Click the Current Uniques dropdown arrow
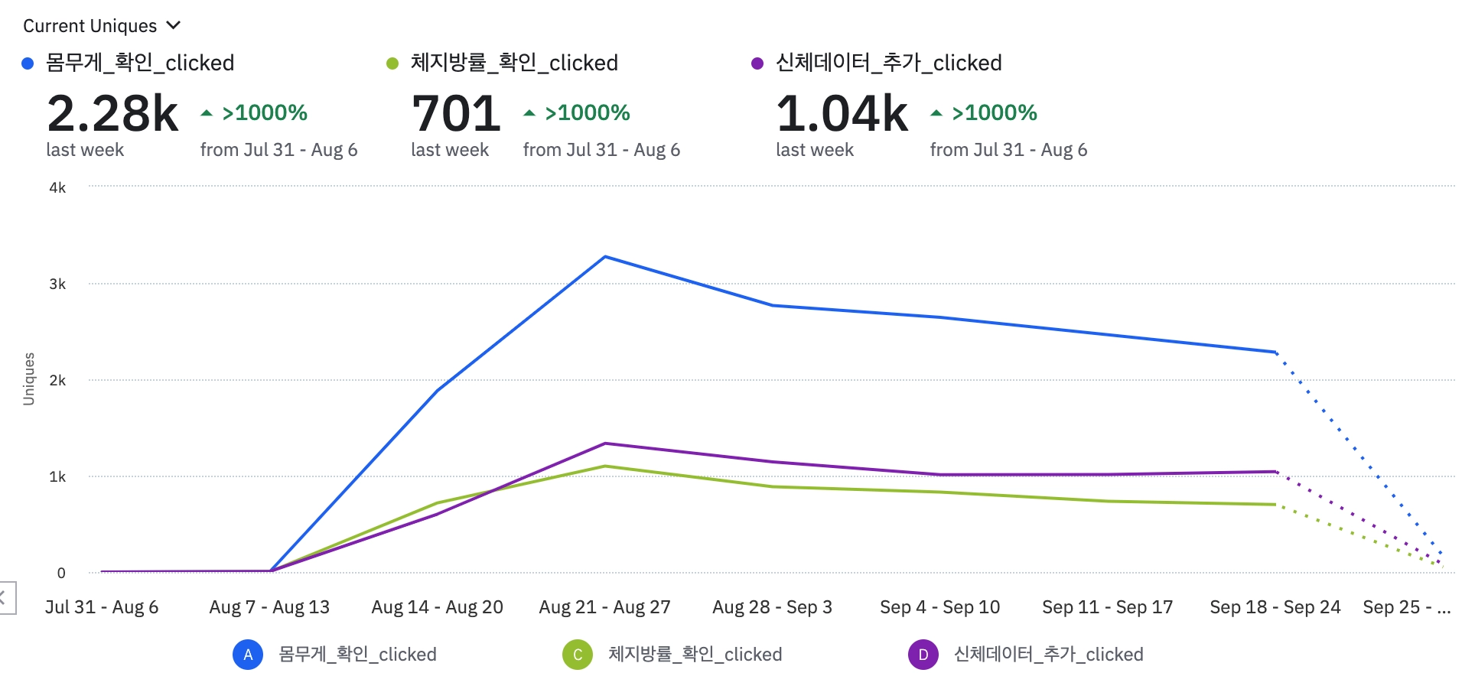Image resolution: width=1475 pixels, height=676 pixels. (x=174, y=25)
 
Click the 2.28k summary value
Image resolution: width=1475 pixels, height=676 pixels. (x=112, y=113)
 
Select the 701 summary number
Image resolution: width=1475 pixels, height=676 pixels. (x=456, y=113)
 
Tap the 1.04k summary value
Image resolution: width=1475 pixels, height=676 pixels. (x=842, y=113)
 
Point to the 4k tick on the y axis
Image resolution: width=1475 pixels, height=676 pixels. (x=57, y=187)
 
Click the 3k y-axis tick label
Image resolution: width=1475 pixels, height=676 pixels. (x=57, y=284)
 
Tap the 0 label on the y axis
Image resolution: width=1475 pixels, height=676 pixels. (x=61, y=573)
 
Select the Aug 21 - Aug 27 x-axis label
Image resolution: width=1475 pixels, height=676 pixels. (x=604, y=607)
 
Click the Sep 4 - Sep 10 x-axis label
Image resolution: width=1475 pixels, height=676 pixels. (x=939, y=607)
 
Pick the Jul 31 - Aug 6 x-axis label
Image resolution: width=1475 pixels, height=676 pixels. (x=102, y=607)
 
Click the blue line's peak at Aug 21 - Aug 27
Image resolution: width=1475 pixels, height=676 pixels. (x=605, y=257)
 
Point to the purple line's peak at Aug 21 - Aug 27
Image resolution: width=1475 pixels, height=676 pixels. (x=605, y=444)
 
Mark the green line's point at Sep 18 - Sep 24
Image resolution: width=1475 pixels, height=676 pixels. (x=1275, y=505)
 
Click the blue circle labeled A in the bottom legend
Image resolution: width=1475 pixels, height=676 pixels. (x=248, y=655)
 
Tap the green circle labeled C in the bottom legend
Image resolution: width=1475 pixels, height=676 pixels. (x=578, y=655)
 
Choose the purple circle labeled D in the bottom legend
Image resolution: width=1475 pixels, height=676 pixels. (x=923, y=655)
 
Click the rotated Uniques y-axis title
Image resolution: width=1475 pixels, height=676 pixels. (x=29, y=379)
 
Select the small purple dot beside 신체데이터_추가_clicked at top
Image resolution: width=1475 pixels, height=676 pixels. (x=757, y=63)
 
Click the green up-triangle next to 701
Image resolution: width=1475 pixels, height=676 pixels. (x=529, y=113)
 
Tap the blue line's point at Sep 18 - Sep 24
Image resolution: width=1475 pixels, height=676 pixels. (x=1275, y=353)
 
